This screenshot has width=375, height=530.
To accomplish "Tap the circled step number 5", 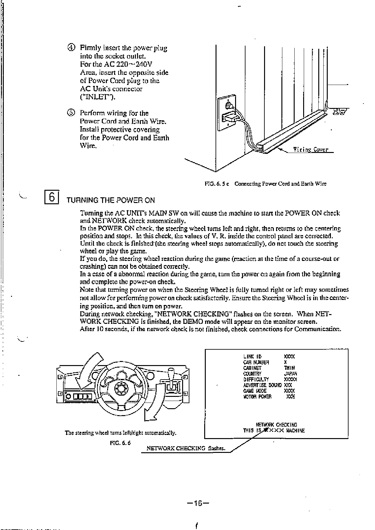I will point(71,113).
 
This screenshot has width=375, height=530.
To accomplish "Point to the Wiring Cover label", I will point(311,149).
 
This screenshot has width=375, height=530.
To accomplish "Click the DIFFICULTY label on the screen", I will point(256,379).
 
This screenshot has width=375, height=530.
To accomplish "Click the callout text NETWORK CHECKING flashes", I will point(186,448).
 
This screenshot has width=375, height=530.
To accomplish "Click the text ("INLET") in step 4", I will point(98,97).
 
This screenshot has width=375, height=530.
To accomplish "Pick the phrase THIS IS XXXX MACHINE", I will point(274,431).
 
